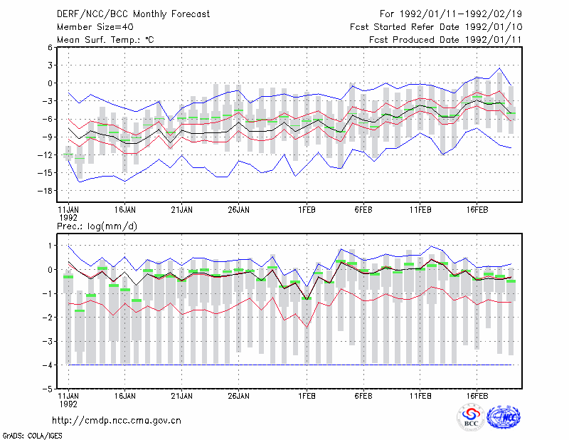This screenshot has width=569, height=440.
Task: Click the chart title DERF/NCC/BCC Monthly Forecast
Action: click(133, 14)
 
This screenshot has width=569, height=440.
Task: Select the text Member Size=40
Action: click(95, 27)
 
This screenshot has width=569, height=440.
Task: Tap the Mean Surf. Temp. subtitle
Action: click(105, 40)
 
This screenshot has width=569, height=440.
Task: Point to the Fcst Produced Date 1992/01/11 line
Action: click(445, 40)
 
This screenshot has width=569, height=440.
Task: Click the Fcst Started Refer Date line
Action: click(436, 27)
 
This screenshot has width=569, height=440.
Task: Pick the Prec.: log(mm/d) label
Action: click(97, 226)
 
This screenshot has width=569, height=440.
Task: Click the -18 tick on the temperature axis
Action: click(45, 191)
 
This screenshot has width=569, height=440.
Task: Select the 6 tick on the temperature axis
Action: click(50, 47)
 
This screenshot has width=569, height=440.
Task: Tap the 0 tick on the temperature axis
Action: click(50, 83)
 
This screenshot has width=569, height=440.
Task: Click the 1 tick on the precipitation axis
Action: click(50, 246)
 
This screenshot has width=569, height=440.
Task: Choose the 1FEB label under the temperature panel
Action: click(307, 210)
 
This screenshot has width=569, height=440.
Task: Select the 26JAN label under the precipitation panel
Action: click(238, 396)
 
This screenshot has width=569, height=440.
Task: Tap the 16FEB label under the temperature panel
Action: click(477, 210)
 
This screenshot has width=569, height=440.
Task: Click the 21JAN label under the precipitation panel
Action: click(181, 396)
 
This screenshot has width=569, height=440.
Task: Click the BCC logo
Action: click(471, 417)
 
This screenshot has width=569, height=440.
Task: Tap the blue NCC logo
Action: click(504, 417)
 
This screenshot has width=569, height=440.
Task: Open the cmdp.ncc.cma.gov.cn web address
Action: click(117, 421)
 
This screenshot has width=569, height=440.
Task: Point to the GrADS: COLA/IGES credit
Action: click(32, 436)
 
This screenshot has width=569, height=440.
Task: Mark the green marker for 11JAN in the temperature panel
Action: click(68, 154)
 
